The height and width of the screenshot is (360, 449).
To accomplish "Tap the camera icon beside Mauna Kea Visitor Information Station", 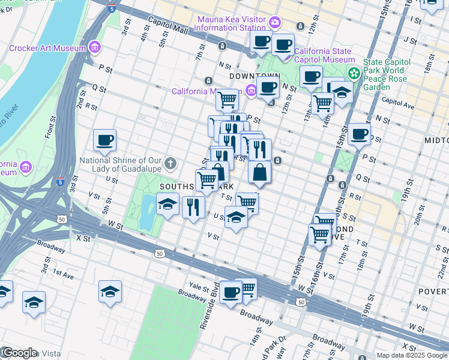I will coord(275,23).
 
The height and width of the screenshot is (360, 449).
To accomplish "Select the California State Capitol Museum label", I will coord(324,55).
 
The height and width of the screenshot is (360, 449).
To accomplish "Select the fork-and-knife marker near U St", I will coord(193,207).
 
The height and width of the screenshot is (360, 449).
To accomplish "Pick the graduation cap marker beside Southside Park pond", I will coord(168,204).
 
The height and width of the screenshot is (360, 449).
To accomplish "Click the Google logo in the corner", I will coord(19,353).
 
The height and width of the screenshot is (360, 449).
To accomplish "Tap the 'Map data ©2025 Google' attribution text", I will coord(411,355).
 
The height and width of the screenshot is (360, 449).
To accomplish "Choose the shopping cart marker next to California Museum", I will coord(227,100).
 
